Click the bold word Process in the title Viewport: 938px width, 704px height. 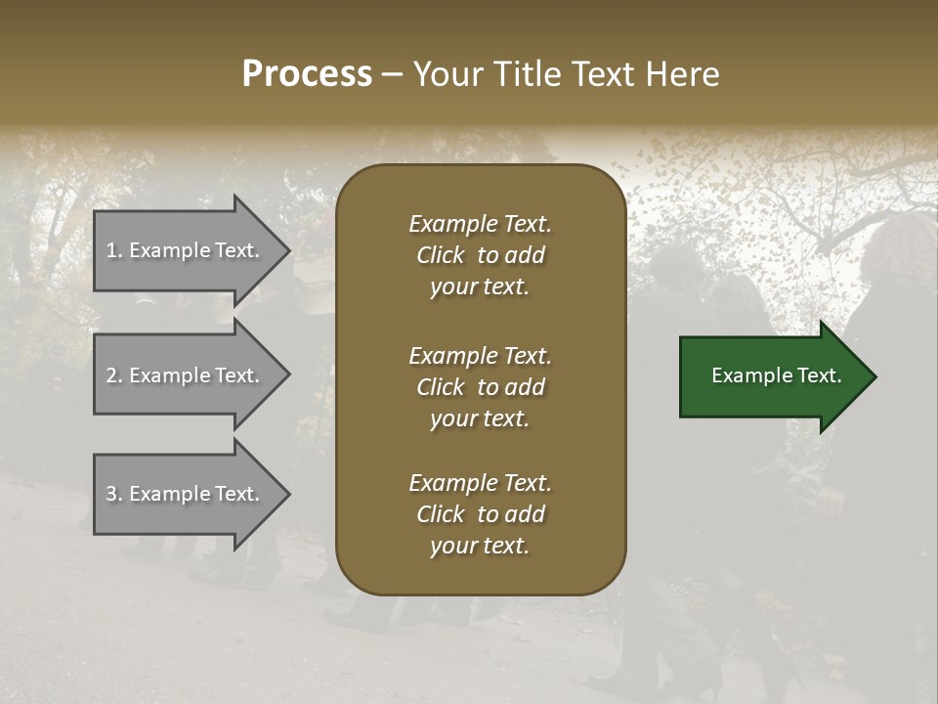(307, 74)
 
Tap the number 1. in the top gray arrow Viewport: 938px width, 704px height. (114, 250)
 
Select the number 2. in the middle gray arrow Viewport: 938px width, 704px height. (114, 375)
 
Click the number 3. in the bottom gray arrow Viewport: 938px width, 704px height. (114, 494)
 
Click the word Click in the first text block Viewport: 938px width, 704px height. (441, 255)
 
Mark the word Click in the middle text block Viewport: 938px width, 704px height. (441, 387)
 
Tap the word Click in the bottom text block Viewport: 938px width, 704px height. (441, 514)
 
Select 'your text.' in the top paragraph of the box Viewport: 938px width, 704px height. (480, 286)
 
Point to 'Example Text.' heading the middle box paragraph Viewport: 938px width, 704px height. (480, 356)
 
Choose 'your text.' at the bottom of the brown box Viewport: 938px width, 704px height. (480, 546)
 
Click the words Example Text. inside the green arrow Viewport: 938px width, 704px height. (777, 376)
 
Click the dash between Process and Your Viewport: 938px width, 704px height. (392, 75)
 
